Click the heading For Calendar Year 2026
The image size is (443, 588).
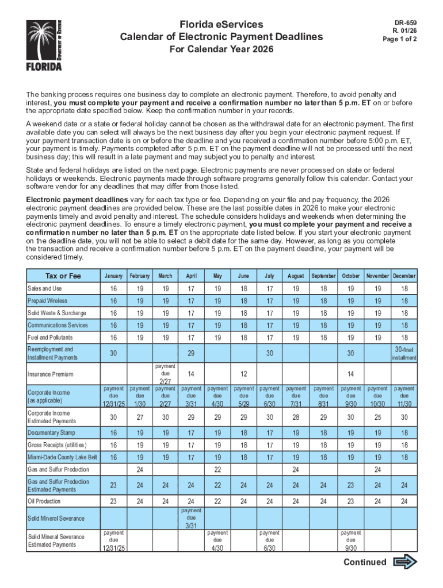(x=221, y=50)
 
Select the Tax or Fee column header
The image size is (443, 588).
(x=63, y=276)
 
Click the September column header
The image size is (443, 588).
(x=323, y=276)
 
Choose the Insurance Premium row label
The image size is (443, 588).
(x=51, y=374)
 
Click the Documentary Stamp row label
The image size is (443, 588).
(x=51, y=432)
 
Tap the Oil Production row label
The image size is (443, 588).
(x=44, y=501)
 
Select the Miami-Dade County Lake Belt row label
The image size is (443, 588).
(x=62, y=457)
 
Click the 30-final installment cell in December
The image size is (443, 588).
(x=403, y=353)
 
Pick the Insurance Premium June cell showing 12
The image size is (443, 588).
(x=244, y=374)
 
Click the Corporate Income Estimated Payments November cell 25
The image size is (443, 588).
(x=377, y=417)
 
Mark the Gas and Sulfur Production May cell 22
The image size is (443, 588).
(x=217, y=470)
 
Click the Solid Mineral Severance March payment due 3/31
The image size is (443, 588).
(x=191, y=518)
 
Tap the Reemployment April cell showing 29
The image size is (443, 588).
(x=191, y=354)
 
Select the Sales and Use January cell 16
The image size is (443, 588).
(x=113, y=289)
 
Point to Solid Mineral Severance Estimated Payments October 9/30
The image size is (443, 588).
(x=351, y=540)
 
